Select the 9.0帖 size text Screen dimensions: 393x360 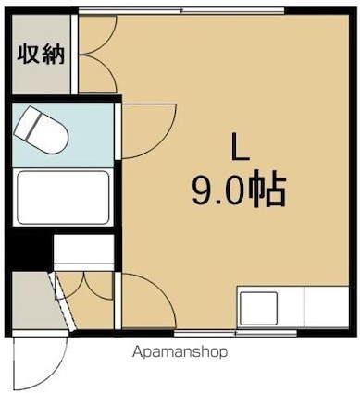(237, 192)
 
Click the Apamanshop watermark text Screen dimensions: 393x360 (180, 351)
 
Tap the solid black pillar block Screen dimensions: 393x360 (30, 250)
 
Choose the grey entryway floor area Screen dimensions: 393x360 (32, 303)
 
